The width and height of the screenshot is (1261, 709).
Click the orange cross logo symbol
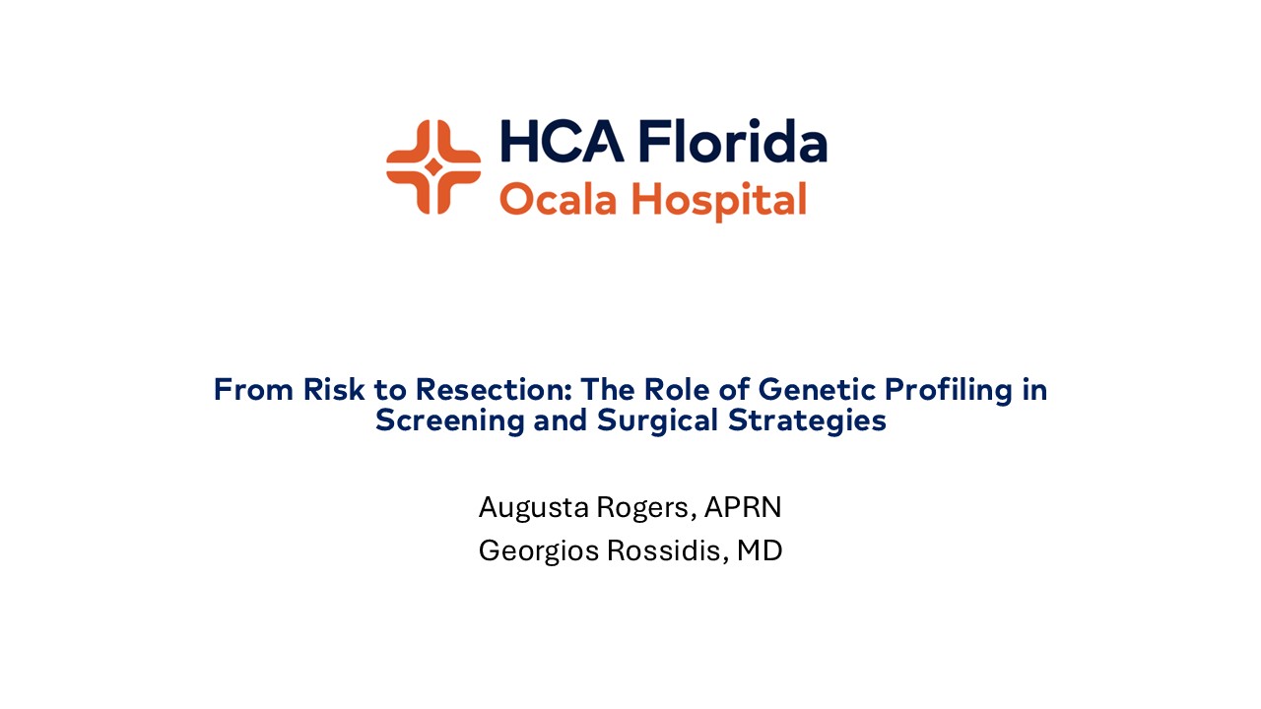[x=433, y=166]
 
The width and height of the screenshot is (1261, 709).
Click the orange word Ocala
[x=559, y=200]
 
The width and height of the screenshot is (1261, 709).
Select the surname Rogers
[x=647, y=509]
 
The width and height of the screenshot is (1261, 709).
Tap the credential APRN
[x=743, y=508]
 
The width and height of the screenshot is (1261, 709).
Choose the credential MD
[x=760, y=551]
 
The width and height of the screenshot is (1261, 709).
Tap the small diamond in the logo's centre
[x=433, y=166]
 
